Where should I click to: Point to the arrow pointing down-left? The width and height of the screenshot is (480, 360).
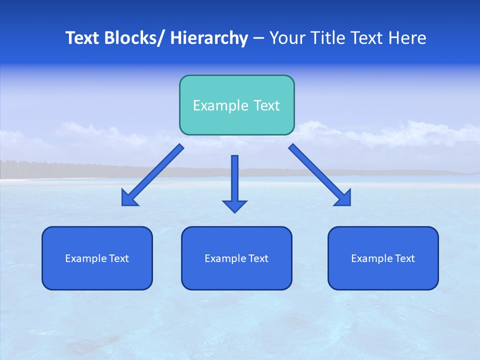click(152, 175)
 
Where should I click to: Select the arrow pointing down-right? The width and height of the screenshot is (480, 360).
click(320, 175)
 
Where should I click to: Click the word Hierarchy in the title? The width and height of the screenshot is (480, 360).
click(209, 38)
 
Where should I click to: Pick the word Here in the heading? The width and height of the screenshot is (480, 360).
click(407, 38)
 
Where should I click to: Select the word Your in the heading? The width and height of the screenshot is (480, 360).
click(287, 38)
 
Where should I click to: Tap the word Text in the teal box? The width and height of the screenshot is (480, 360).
click(266, 105)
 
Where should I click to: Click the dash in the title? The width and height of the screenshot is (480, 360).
click(258, 38)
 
